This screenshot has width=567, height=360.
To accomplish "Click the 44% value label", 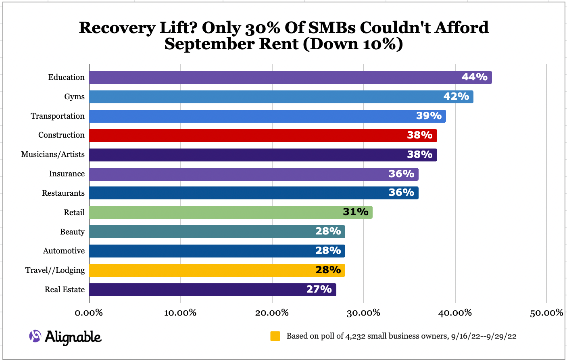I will (475, 77).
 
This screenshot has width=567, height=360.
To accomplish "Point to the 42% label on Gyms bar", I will (456, 96).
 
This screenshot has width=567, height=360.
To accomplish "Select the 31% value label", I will (355, 212).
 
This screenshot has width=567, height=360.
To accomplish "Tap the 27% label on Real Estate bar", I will (319, 289).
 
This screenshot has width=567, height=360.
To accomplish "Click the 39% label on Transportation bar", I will (429, 116).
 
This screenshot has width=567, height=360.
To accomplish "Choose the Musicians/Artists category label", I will (53, 155).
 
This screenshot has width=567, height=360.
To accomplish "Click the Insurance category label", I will (67, 174).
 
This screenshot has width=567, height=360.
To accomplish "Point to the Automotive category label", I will (64, 251).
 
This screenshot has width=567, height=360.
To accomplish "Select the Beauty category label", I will (72, 232).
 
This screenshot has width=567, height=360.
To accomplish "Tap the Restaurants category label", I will (63, 193).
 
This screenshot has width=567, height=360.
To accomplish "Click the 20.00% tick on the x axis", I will (272, 313).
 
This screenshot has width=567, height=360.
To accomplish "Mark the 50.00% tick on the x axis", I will (546, 313).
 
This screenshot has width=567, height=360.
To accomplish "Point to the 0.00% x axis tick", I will (89, 313).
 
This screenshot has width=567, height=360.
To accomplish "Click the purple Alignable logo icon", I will (35, 336).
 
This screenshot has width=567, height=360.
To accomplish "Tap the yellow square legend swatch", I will (275, 336).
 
